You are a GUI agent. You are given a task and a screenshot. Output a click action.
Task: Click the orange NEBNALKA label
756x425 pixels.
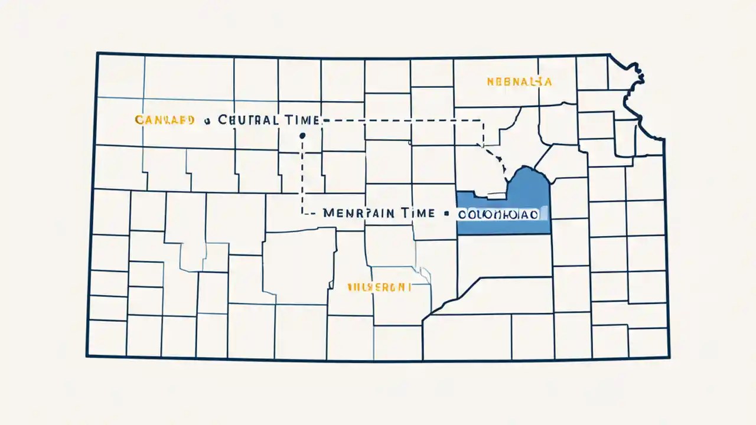point(519,82)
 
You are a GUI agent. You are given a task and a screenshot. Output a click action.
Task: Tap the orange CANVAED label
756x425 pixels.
point(165,120)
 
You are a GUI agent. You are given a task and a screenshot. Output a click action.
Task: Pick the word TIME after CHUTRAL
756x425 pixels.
point(300,120)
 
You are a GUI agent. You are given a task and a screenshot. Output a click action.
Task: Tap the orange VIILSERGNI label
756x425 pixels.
point(379,287)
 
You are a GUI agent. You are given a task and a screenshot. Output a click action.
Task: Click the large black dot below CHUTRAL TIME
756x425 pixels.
point(302,136)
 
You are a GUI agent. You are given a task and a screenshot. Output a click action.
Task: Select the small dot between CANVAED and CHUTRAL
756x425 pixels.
point(207,121)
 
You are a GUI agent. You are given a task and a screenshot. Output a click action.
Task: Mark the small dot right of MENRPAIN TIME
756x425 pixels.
point(447,214)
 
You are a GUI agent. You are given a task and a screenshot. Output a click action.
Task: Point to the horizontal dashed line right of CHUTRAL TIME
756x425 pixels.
point(402,120)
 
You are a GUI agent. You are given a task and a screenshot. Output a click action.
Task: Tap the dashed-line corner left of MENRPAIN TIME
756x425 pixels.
point(303,213)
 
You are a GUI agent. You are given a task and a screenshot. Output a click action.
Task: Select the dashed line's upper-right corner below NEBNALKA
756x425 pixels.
point(483,121)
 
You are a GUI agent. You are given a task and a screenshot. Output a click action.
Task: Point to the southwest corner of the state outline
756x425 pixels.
point(87,356)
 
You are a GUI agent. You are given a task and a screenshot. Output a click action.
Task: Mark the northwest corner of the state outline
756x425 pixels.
point(97,54)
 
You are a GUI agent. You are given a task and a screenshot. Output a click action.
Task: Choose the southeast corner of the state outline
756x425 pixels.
point(669,357)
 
